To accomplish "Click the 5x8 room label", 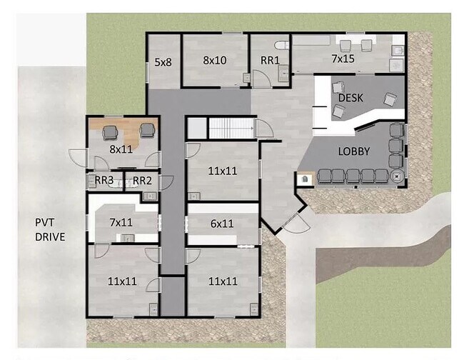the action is [x=163, y=62].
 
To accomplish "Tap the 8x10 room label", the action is [x=215, y=60].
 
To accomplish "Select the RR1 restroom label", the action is [x=270, y=61].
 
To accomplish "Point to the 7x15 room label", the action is [x=343, y=59].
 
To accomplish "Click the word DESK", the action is [x=350, y=98].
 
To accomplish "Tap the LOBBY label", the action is [x=354, y=151].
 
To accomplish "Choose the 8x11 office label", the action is [x=121, y=149].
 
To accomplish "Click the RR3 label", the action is [x=104, y=180].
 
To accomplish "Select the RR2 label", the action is [x=142, y=180].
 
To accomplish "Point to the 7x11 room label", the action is [x=121, y=222].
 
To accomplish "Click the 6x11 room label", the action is [x=222, y=224].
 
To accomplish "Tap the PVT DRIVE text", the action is [x=50, y=229].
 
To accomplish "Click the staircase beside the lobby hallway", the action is [x=231, y=128].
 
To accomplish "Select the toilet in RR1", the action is [x=281, y=45].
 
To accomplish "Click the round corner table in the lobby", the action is [x=396, y=176].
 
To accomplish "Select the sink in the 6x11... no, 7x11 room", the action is [x=127, y=237].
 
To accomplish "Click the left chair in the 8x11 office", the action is [x=110, y=133].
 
